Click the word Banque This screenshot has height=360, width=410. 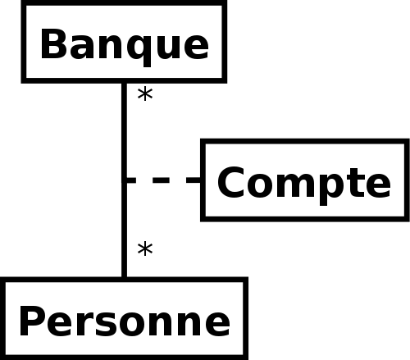tap(125, 47)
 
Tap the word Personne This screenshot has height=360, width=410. tap(125, 321)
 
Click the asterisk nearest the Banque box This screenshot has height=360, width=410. tap(145, 94)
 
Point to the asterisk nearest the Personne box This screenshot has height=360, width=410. tap(145, 249)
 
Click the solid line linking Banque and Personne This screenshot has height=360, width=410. tap(124, 180)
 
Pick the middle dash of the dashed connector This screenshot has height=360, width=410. tap(161, 180)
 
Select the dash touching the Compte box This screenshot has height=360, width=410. tap(194, 180)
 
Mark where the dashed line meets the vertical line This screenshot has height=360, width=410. tap(125, 180)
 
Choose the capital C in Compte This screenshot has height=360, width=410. tap(230, 182)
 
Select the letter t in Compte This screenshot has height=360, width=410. tap(355, 182)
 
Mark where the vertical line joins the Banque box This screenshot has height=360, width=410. tap(124, 83)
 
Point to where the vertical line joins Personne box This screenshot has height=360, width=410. tap(124, 277)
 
